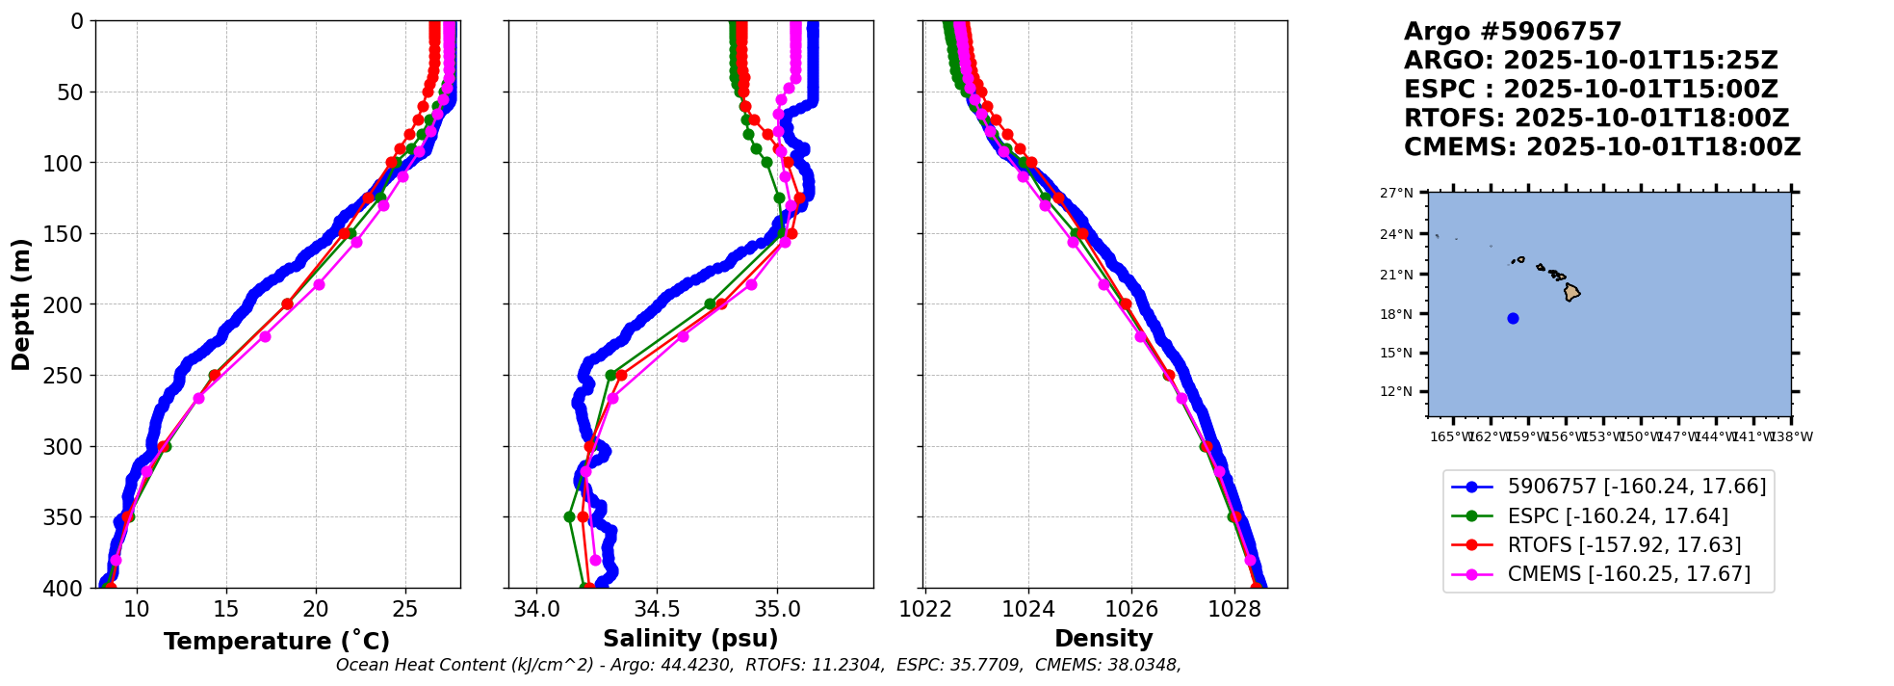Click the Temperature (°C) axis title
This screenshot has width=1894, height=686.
(276, 642)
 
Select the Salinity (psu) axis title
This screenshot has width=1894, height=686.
(690, 639)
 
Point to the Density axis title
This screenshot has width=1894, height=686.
(1103, 639)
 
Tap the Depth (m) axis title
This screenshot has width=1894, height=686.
(21, 304)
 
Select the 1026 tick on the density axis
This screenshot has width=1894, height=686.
(1131, 609)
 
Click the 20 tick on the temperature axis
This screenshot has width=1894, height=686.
(316, 609)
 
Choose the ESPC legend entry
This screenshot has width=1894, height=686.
(1618, 516)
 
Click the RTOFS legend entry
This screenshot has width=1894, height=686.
(1624, 545)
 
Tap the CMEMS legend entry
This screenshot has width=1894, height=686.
(1628, 574)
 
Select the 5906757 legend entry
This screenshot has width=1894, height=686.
(1637, 487)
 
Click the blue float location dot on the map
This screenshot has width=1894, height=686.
(1513, 318)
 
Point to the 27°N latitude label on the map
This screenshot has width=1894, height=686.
(1397, 194)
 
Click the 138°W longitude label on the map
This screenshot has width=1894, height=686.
(1793, 437)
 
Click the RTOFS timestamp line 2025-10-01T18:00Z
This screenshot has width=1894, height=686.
(1596, 119)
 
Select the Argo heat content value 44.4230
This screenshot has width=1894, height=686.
(694, 665)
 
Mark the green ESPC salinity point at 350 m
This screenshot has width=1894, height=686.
(569, 516)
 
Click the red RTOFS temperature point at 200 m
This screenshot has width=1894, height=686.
(287, 303)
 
